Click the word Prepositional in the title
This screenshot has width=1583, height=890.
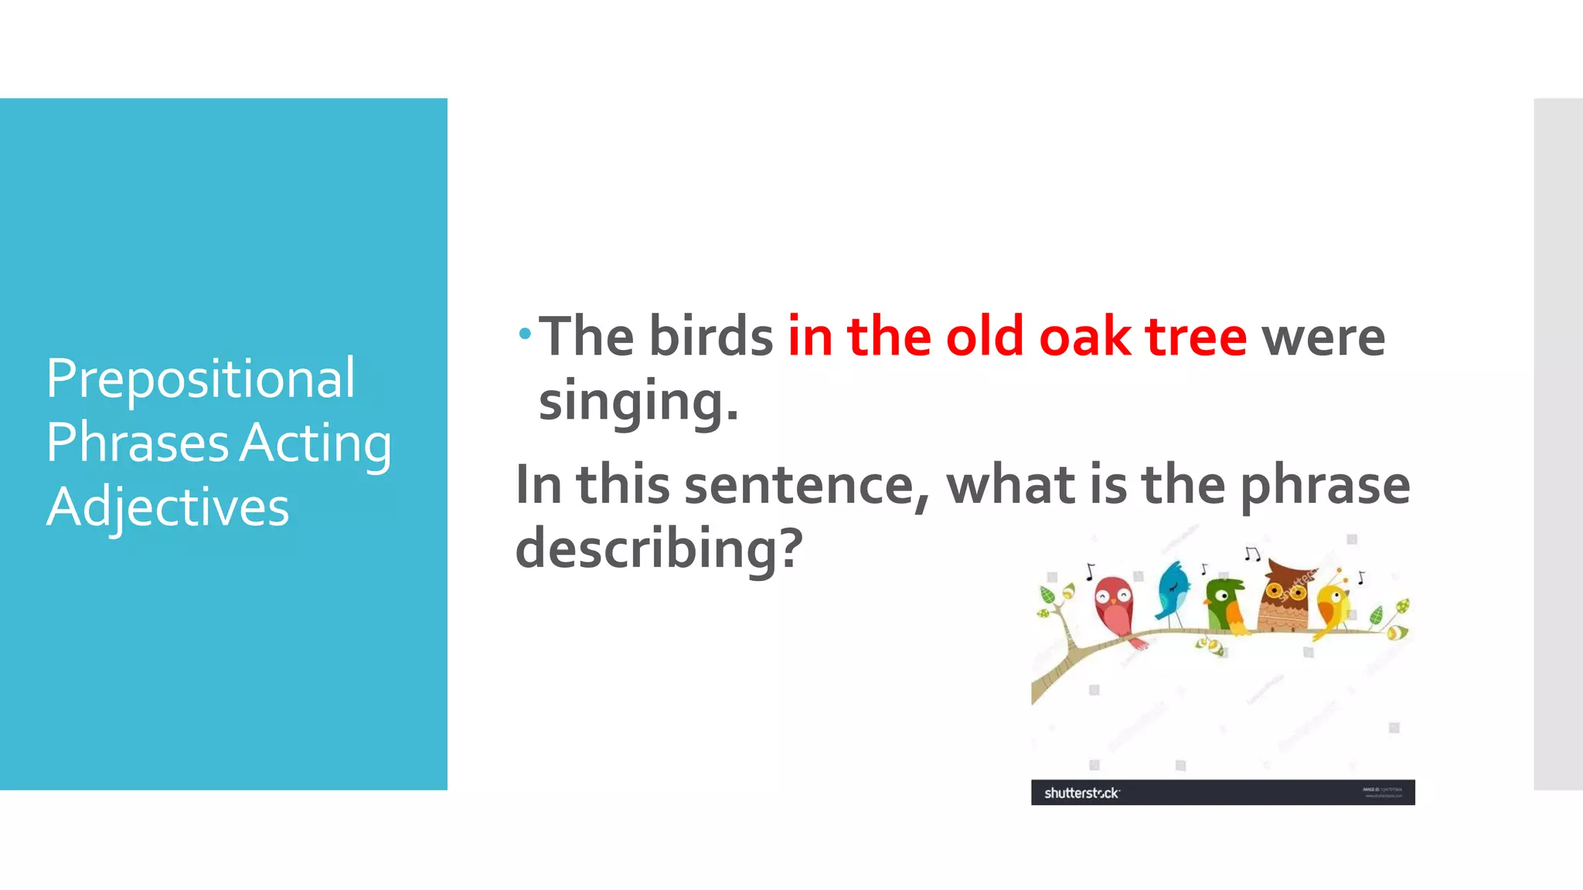tap(200, 379)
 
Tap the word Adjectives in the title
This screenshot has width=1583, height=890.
tap(167, 508)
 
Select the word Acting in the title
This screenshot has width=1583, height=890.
tap(315, 443)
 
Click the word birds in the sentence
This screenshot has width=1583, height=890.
tap(710, 337)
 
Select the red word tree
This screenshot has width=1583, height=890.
tap(1196, 337)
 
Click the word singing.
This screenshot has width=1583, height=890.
tap(638, 402)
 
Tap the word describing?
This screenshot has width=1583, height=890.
tap(659, 548)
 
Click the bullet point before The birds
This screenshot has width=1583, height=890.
tap(526, 335)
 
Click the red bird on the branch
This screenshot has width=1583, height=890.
tap(1114, 606)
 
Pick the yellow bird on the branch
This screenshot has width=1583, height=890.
tap(1333, 606)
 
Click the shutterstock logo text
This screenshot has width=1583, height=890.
tap(1081, 793)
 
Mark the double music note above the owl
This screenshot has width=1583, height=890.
tap(1252, 553)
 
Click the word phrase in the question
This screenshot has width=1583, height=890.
tap(1325, 485)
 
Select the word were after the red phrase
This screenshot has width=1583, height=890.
tap(1323, 337)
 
